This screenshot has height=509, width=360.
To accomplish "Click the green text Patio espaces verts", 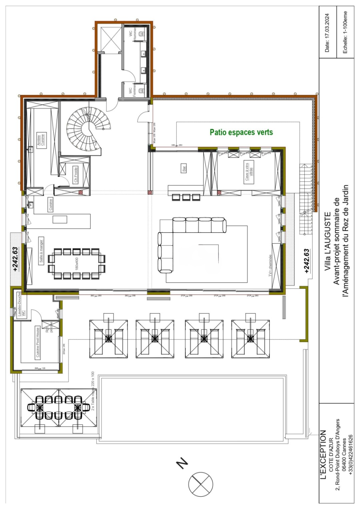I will coord(241,132).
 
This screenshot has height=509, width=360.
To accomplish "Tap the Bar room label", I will coord(184,169).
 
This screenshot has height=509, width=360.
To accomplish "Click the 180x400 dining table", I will coord(77,264).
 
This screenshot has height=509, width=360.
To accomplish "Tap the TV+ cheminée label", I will coord(270,266).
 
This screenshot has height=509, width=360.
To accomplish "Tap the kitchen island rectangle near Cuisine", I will coord(60,220).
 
